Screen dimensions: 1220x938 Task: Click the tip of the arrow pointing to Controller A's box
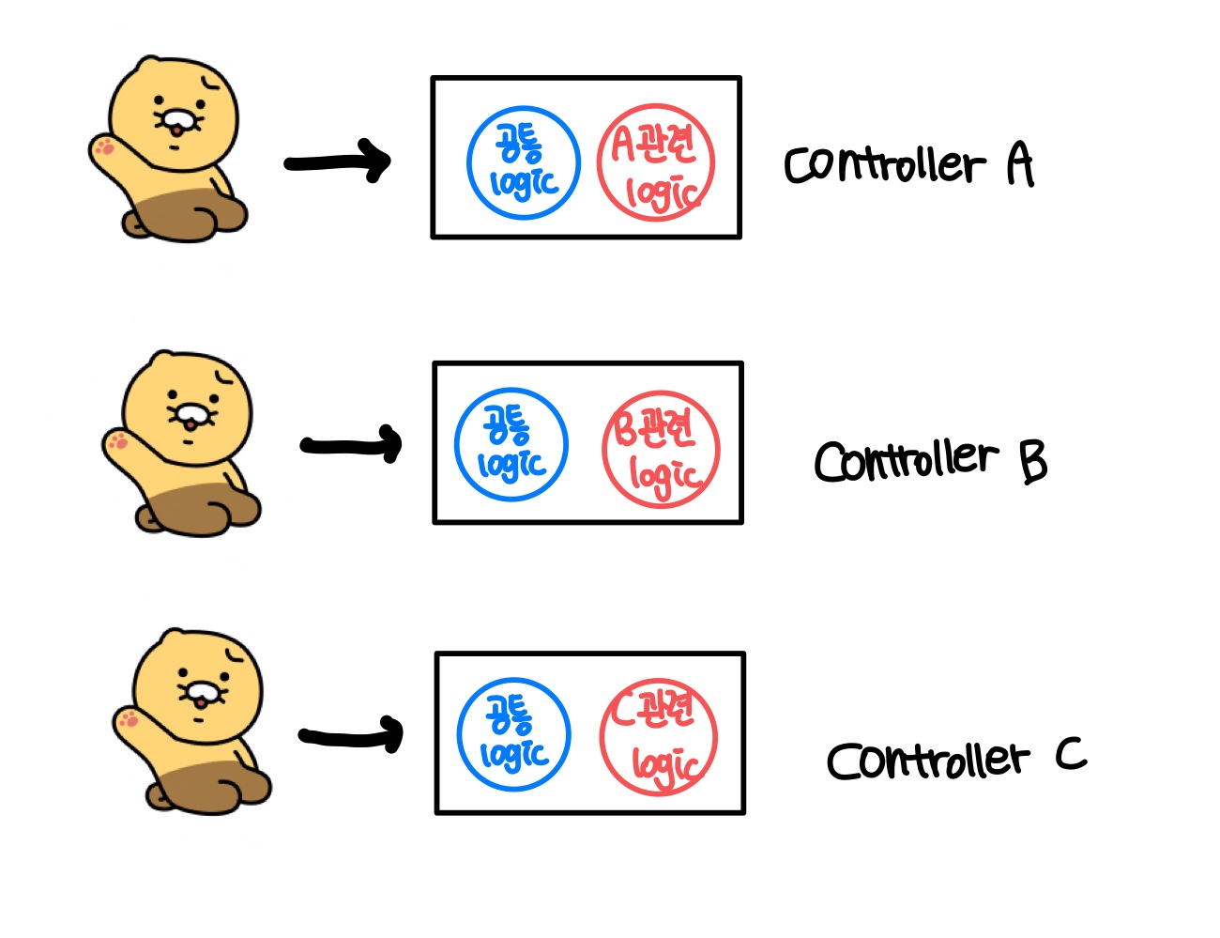point(389,161)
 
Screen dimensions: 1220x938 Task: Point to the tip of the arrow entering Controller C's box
point(402,734)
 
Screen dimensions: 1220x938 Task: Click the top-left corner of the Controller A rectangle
point(433,78)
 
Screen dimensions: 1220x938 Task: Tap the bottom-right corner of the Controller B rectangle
point(741,522)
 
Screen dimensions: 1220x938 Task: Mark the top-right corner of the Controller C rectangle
point(744,654)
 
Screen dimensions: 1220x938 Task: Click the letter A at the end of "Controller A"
point(1019,163)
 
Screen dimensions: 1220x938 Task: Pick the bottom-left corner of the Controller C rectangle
point(436,812)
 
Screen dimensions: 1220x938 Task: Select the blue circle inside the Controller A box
point(524,162)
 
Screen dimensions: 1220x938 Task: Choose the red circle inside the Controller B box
point(661,449)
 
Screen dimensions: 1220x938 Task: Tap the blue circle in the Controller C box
point(513,734)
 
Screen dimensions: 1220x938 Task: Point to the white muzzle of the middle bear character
point(191,413)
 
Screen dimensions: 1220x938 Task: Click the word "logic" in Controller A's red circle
point(663,192)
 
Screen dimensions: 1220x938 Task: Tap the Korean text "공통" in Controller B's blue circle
point(507,423)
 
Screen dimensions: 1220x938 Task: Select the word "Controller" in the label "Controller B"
point(907,461)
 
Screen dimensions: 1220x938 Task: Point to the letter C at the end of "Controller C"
point(1071,754)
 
